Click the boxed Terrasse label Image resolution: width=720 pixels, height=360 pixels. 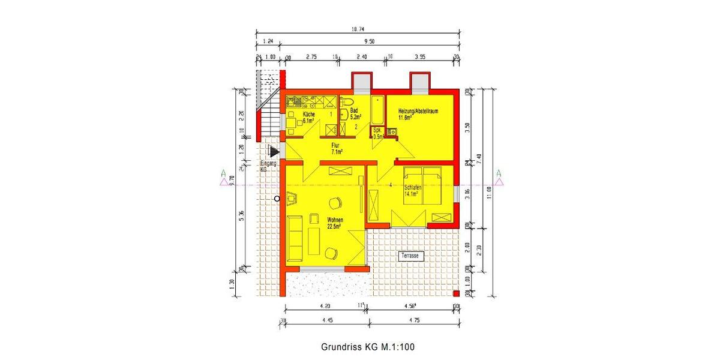[x=411, y=256]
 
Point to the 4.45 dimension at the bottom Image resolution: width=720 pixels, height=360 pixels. [x=327, y=320]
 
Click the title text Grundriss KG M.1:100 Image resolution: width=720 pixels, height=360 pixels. [x=368, y=347]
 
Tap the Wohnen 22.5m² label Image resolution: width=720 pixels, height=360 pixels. [x=334, y=223]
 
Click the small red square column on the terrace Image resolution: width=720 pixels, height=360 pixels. [x=456, y=293]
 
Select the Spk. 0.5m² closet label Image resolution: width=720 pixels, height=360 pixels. [x=378, y=133]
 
